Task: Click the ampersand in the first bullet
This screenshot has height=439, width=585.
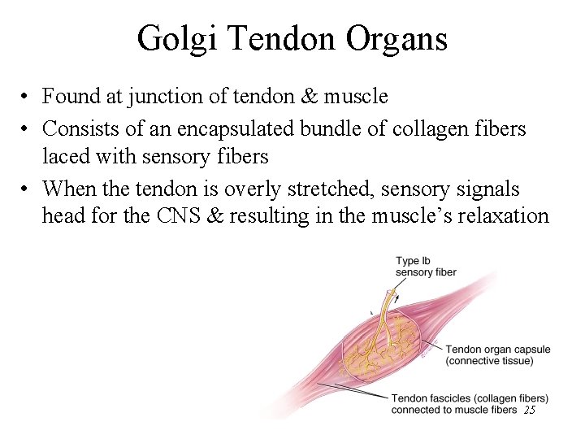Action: tap(311, 97)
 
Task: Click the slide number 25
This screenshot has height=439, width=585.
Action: tap(530, 411)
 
